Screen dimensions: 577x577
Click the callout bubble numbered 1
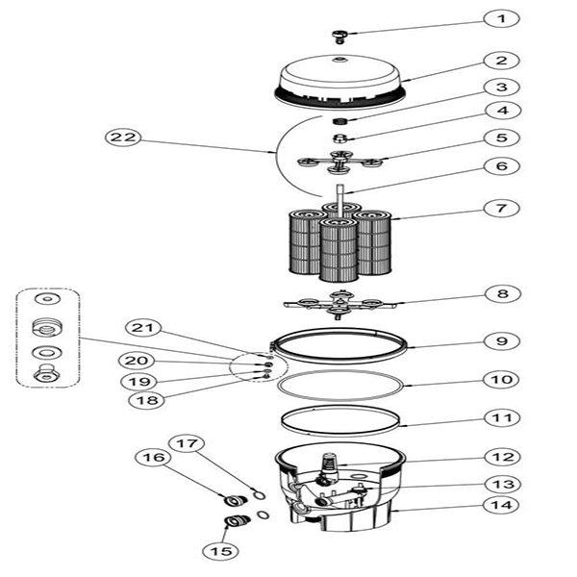(x=500, y=18)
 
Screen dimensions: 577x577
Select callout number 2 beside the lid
(x=500, y=61)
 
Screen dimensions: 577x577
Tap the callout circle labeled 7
(x=500, y=208)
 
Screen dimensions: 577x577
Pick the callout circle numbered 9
(x=500, y=340)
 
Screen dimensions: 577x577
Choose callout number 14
(x=500, y=504)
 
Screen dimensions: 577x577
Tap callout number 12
(x=500, y=457)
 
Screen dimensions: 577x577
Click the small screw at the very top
(x=339, y=36)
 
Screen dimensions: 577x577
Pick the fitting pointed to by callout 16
(x=231, y=500)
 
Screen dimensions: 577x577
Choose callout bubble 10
(x=500, y=380)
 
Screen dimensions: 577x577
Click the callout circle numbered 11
(x=500, y=418)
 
